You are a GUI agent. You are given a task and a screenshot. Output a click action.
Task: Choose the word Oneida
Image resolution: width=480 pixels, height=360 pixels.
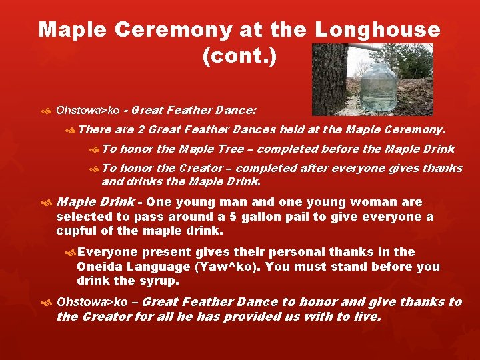point(97,267)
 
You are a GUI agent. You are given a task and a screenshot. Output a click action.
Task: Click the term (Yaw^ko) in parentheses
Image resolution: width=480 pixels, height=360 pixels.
point(225,267)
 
